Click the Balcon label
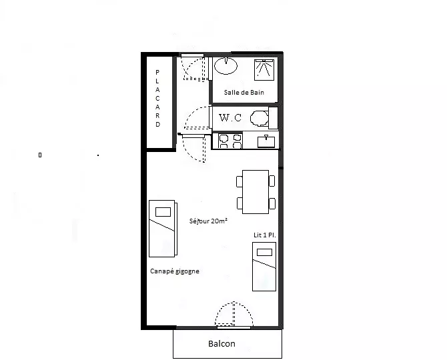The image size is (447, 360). click(221, 344)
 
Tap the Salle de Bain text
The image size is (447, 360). click(244, 92)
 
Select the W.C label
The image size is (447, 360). click(230, 117)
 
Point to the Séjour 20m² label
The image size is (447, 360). click(208, 221)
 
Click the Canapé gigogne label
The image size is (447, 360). click(175, 271)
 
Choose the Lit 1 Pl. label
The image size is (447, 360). click(265, 235)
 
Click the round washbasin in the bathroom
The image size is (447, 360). click(226, 65)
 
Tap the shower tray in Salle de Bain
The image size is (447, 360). click(264, 70)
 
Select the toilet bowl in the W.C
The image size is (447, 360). click(259, 118)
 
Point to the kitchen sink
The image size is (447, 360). click(266, 141)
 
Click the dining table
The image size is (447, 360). click(256, 192)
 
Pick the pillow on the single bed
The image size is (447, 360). click(265, 253)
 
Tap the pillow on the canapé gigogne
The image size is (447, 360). click(163, 212)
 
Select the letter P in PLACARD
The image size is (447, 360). click(157, 73)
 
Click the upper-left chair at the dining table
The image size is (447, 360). click(240, 181)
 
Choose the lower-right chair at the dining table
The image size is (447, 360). click(272, 203)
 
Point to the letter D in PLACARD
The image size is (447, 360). click(157, 125)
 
